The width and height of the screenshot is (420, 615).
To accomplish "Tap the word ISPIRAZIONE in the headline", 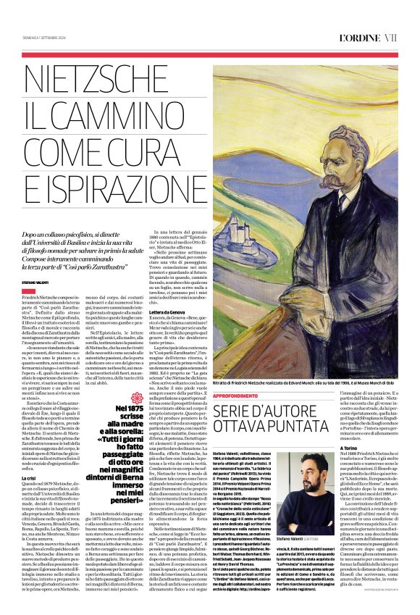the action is (x=102, y=184).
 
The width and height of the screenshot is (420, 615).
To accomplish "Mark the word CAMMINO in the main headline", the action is (x=101, y=112).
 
